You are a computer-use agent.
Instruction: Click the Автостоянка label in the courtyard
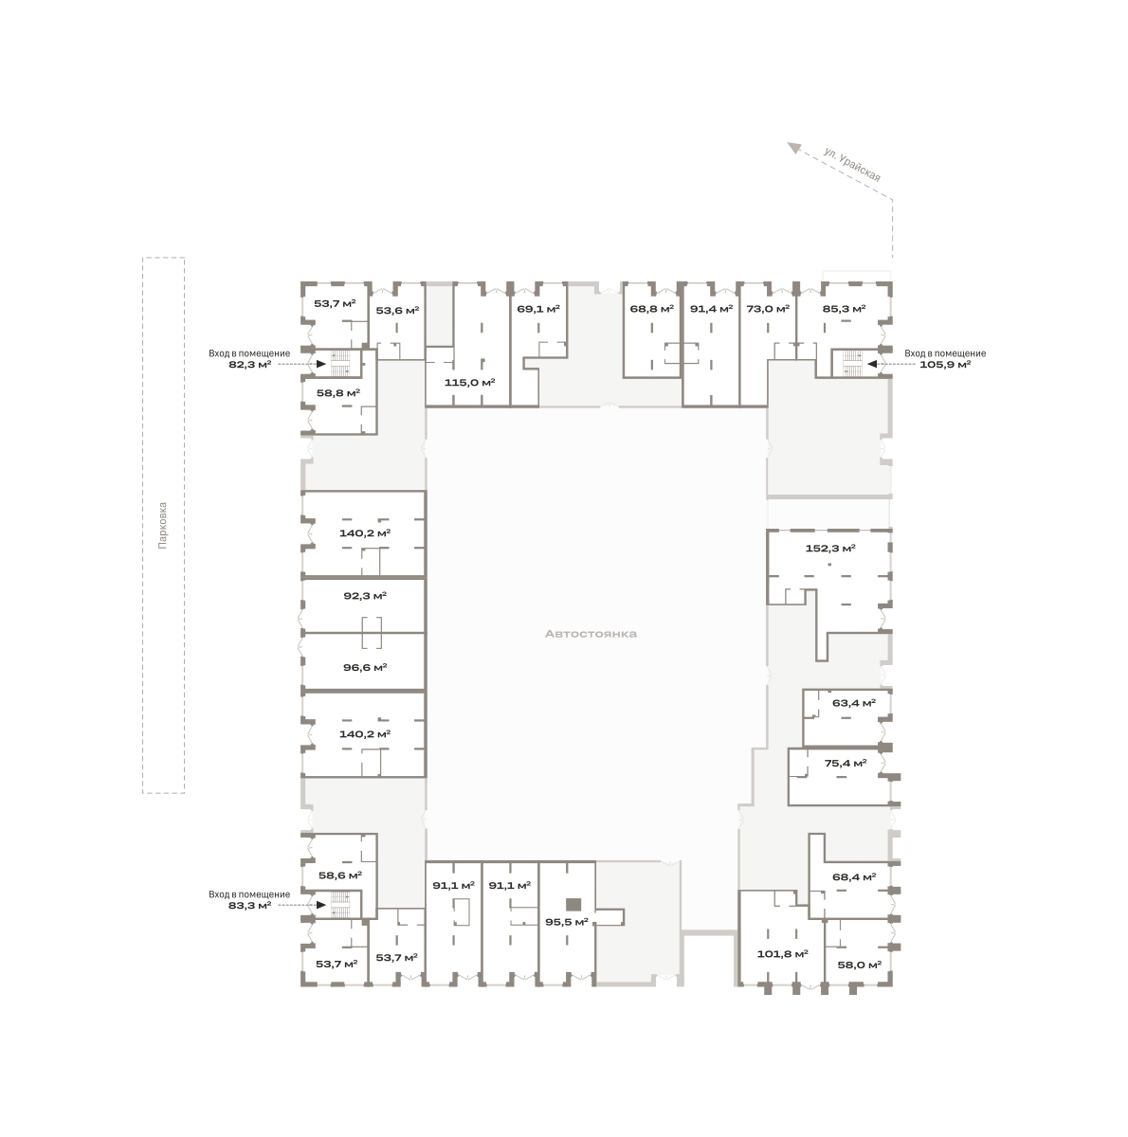[590, 634]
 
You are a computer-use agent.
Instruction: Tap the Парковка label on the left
[163, 525]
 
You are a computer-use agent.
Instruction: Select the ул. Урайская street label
[851, 165]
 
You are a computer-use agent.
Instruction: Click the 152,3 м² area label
[829, 549]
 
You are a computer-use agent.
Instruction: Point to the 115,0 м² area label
[469, 383]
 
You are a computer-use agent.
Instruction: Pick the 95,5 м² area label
[566, 922]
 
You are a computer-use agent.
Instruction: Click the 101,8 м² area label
[782, 953]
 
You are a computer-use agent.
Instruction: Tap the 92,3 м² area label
[365, 596]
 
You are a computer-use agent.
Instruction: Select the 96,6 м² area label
[365, 667]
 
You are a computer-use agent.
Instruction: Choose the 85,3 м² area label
[844, 309]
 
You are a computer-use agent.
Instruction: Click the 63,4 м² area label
[853, 703]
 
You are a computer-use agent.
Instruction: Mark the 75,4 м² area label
[846, 763]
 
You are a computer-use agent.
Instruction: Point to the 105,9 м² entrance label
[945, 364]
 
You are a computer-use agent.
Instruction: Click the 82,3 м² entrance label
[250, 364]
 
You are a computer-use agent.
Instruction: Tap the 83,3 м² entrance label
[250, 905]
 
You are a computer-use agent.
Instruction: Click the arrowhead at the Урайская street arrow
[793, 148]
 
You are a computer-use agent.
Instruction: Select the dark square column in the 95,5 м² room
[573, 904]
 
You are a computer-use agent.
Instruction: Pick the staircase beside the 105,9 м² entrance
[851, 363]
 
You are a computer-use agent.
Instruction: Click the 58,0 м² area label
[860, 965]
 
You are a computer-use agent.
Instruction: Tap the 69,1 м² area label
[538, 309]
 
